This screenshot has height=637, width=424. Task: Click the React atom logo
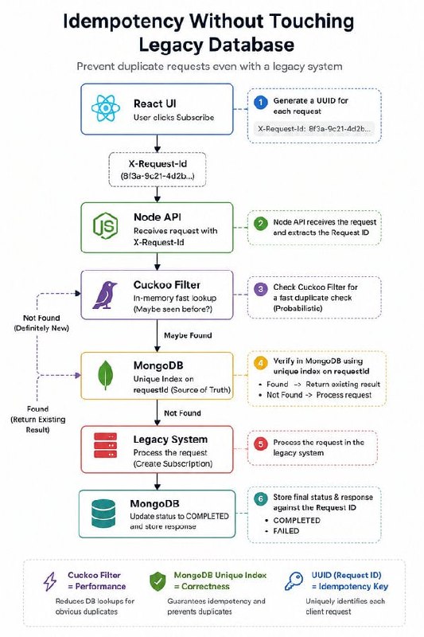click(106, 108)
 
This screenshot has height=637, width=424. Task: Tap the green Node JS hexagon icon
click(105, 226)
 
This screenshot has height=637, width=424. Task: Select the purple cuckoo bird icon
click(104, 295)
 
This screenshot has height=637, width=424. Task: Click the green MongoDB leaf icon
click(105, 374)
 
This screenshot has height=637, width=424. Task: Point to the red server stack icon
click(106, 445)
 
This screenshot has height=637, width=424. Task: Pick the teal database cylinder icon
click(103, 514)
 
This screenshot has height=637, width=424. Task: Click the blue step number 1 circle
click(260, 102)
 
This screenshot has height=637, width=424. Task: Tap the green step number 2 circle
click(260, 223)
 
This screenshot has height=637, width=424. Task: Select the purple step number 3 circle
click(260, 289)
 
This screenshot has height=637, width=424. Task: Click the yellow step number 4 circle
click(260, 362)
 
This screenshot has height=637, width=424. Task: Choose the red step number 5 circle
click(260, 444)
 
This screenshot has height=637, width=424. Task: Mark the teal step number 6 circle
click(260, 499)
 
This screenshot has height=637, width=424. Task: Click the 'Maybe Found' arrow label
click(188, 335)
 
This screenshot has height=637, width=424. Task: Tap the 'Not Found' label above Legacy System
click(182, 413)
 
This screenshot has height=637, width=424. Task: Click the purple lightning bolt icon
click(50, 581)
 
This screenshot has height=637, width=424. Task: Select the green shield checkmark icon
click(158, 581)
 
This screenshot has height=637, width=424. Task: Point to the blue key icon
click(294, 581)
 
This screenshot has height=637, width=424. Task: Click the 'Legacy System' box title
click(170, 440)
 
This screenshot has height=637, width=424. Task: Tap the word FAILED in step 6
click(286, 531)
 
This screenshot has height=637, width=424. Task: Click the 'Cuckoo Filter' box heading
click(167, 285)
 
